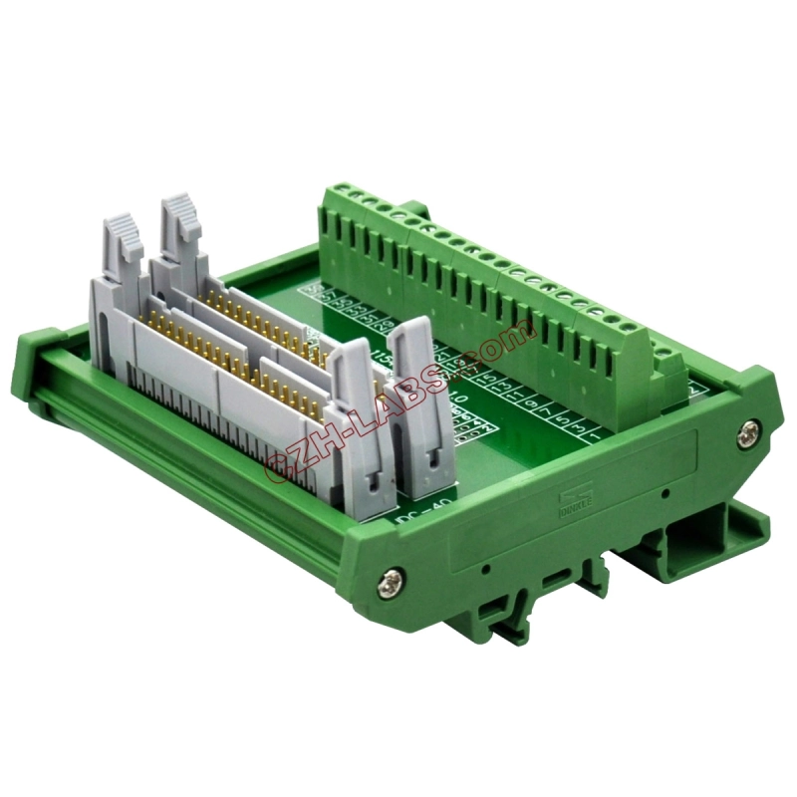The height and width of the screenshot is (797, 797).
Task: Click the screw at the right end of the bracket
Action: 748,431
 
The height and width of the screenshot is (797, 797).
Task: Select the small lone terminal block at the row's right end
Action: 670,367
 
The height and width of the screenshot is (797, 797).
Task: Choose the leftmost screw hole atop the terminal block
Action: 330,190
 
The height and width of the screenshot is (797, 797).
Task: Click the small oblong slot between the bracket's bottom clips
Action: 551,579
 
